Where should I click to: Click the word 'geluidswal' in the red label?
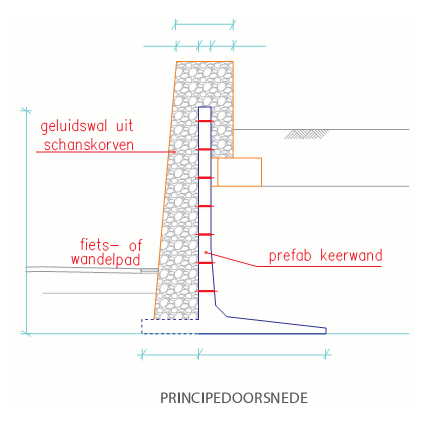pos(74,126)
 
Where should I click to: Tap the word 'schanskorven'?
pos(89,145)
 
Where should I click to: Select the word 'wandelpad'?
pos(106,260)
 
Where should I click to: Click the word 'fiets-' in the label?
pos(99,245)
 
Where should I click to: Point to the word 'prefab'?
pos(290,256)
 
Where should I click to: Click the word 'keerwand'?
pos(351,255)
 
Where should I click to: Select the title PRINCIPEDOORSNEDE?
pos(234,398)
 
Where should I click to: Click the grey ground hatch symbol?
pos(306,134)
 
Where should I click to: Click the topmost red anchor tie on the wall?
pos(205,121)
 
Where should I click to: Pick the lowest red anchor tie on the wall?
pos(207,291)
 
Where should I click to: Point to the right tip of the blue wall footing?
pos(326,331)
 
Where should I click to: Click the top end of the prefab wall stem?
pos(205,107)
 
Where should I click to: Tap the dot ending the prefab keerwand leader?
pos(206,252)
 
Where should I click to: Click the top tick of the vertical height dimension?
pos(26,110)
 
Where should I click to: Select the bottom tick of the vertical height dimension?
pos(26,333)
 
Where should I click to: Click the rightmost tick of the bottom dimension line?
pos(326,355)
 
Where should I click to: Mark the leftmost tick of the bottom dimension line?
pos(142,355)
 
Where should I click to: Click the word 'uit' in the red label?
pos(125,126)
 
